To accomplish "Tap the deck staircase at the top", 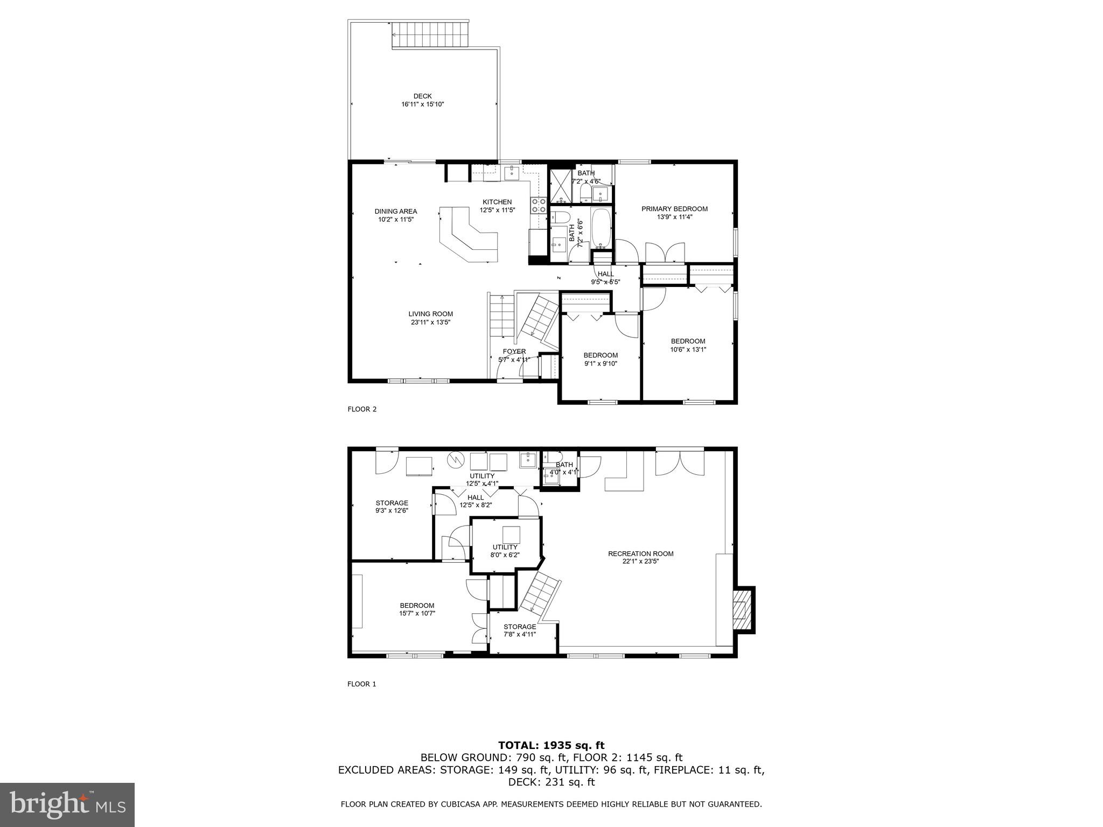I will click(430, 35).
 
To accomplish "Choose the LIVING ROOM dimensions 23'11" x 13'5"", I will click(430, 323).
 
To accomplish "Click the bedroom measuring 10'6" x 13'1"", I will click(688, 345).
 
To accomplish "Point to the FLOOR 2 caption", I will click(362, 409).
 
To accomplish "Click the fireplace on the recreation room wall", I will click(743, 609).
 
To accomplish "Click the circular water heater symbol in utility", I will click(456, 459).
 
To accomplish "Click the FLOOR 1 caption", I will click(361, 684).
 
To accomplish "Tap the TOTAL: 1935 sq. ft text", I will click(551, 745).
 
